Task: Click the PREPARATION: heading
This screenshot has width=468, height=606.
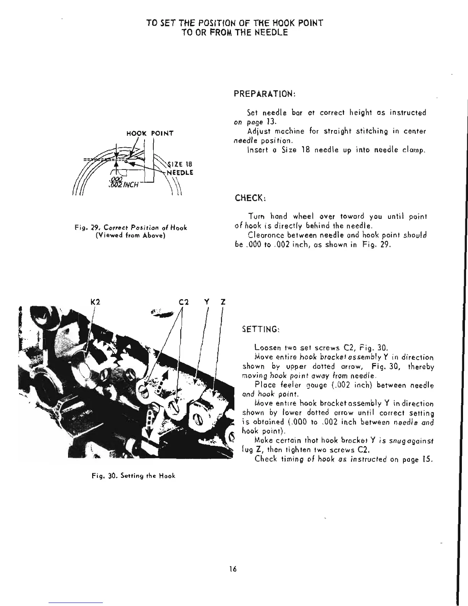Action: tap(263, 94)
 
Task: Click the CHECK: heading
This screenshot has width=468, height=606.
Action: tap(250, 199)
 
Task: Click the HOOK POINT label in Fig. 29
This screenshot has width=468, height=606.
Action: tap(150, 133)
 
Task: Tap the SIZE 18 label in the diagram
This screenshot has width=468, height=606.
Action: tap(180, 165)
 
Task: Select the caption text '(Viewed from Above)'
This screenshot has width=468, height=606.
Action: tap(130, 236)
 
